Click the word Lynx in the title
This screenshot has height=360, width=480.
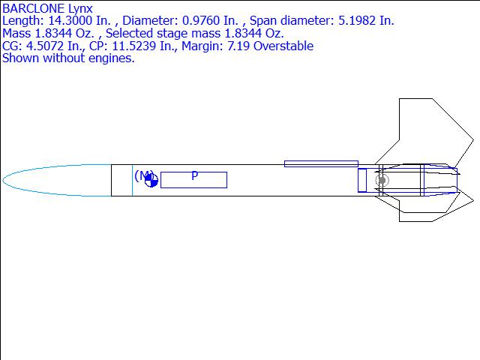coord(79,8)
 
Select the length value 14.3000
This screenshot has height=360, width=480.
coord(68,21)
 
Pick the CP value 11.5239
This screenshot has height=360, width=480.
coord(148,46)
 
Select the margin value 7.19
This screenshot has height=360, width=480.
coord(244,46)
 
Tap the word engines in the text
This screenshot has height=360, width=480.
coord(109,58)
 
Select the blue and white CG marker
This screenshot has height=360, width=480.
coord(151,180)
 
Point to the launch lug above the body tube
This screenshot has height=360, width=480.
coord(321,163)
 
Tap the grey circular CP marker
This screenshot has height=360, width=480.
coord(382,180)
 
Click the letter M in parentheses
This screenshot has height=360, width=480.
coord(143,175)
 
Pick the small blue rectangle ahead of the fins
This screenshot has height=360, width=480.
coord(362,180)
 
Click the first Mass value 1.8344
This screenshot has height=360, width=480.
coord(55,34)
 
